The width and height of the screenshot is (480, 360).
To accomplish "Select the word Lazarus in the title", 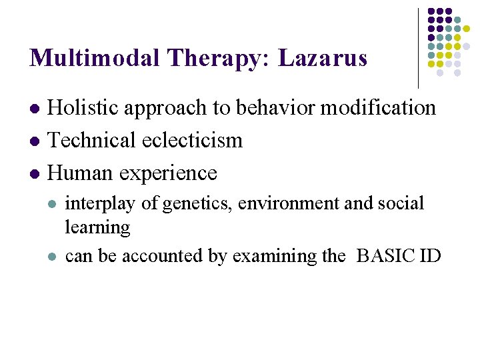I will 323,58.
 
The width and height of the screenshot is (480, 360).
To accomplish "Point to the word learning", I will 97,228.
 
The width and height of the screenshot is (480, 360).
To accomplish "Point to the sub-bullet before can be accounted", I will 52,257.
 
